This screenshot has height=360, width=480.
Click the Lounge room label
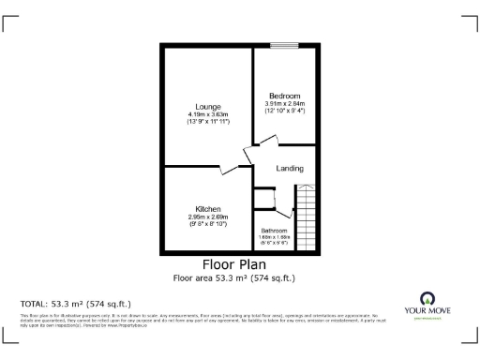click(x=207, y=106)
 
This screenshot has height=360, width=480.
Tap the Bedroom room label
click(x=283, y=96)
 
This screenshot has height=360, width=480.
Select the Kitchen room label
click(x=207, y=208)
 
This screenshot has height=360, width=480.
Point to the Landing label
click(x=289, y=168)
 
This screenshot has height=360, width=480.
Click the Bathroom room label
click(x=274, y=231)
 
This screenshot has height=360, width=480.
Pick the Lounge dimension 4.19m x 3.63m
click(x=207, y=114)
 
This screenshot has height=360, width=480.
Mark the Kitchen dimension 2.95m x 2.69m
click(x=207, y=217)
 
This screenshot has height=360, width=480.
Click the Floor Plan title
click(x=239, y=264)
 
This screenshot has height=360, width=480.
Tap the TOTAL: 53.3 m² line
click(x=75, y=304)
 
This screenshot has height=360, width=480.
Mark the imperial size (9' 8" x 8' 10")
click(x=207, y=224)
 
